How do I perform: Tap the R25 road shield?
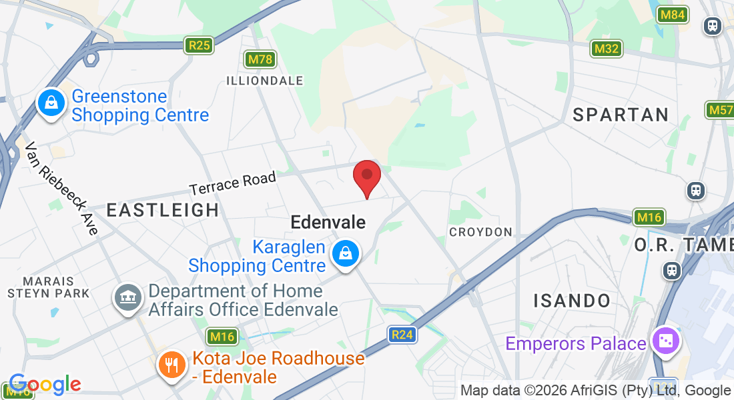coord(200,45)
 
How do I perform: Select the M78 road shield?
coord(260,59)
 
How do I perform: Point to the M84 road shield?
coord(672,15)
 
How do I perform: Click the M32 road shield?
coord(607,49)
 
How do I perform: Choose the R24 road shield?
coord(402,334)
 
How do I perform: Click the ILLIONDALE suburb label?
coord(264,81)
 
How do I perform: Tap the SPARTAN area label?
coord(621,115)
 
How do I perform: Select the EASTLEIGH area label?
coord(163,210)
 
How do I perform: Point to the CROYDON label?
coord(480,232)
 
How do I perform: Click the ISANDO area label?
coord(572,301)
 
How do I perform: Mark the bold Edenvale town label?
coord(328,222)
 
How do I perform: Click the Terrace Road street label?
coord(233,183)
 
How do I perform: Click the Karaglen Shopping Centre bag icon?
coord(346,254)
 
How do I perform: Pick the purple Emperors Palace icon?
coord(665,341)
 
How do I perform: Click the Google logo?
coord(44,384)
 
